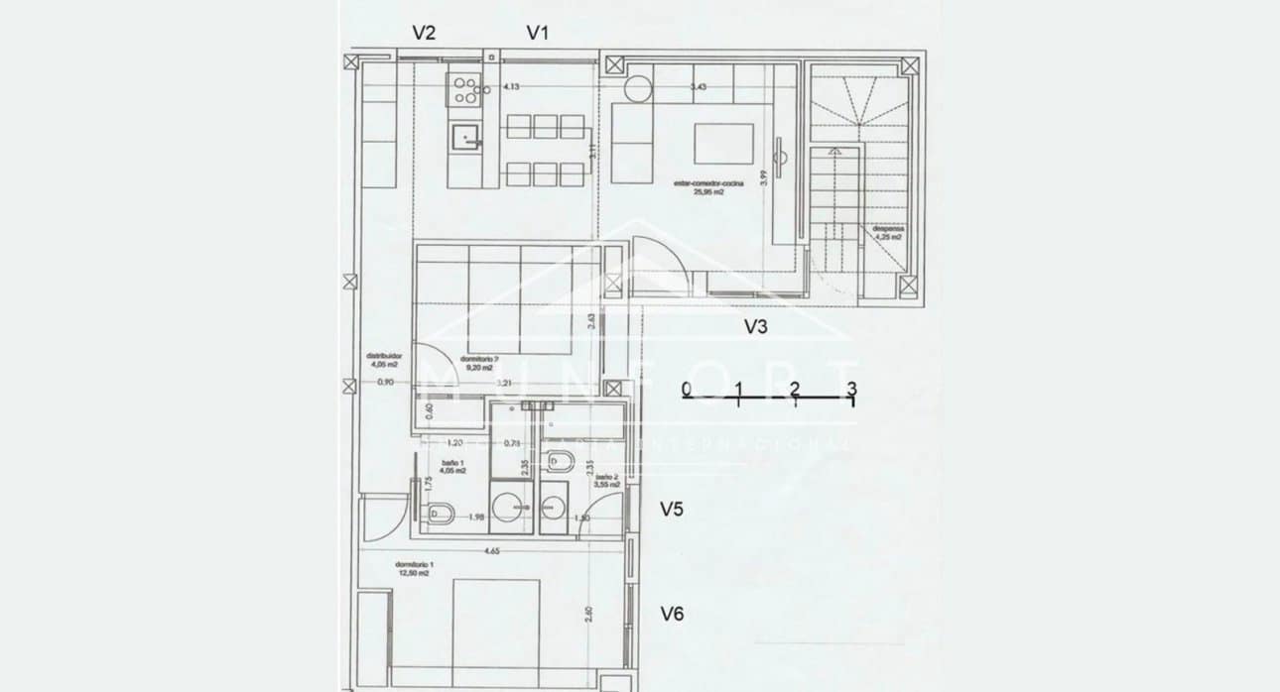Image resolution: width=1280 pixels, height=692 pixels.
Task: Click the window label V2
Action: pyautogui.click(x=424, y=33)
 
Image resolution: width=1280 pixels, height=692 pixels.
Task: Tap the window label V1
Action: pyautogui.click(x=538, y=33)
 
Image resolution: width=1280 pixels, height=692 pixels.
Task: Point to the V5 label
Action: pyautogui.click(x=673, y=510)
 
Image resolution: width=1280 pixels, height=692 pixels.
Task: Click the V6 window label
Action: pyautogui.click(x=673, y=614)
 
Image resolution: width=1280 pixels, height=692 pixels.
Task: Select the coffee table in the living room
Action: pyautogui.click(x=723, y=144)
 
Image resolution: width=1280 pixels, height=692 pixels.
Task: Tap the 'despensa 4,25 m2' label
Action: pyautogui.click(x=888, y=233)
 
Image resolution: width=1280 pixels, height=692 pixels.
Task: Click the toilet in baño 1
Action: pyautogui.click(x=439, y=513)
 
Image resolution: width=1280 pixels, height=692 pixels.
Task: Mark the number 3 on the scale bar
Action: pyautogui.click(x=851, y=387)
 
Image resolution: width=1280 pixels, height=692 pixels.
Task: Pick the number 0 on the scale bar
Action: pyautogui.click(x=687, y=387)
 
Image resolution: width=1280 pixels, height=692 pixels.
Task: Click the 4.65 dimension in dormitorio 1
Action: pyautogui.click(x=490, y=550)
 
